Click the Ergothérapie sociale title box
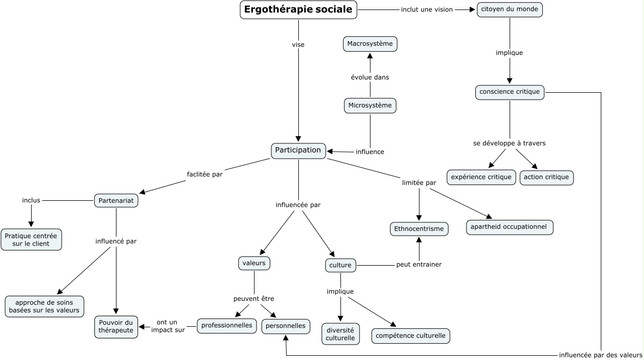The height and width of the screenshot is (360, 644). pyautogui.click(x=298, y=10)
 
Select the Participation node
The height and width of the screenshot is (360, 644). pyautogui.click(x=298, y=150)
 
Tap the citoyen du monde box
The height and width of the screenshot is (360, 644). pyautogui.click(x=510, y=9)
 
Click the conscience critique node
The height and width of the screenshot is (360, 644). pyautogui.click(x=510, y=92)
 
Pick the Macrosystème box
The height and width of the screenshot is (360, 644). pyautogui.click(x=370, y=44)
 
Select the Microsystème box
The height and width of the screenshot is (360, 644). pyautogui.click(x=370, y=105)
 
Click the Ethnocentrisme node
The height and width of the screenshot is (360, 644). pyautogui.click(x=419, y=229)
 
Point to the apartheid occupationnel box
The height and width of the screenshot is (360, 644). pyautogui.click(x=510, y=227)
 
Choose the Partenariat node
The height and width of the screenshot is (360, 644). pyautogui.click(x=116, y=200)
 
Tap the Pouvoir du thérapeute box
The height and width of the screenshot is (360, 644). pyautogui.click(x=116, y=326)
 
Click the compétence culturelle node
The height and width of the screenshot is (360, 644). pyautogui.click(x=411, y=335)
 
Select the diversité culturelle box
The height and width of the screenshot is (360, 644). pyautogui.click(x=340, y=334)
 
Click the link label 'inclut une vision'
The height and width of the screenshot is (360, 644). pyautogui.click(x=427, y=9)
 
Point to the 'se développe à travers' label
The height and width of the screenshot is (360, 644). pyautogui.click(x=509, y=143)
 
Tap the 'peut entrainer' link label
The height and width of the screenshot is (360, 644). pyautogui.click(x=419, y=265)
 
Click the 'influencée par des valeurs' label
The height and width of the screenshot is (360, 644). pyautogui.click(x=601, y=355)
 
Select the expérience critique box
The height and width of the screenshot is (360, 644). pyautogui.click(x=482, y=177)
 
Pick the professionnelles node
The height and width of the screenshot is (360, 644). pyautogui.click(x=227, y=326)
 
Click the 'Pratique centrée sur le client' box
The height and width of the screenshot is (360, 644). pyautogui.click(x=31, y=239)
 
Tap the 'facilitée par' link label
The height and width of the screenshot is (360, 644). pyautogui.click(x=204, y=174)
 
